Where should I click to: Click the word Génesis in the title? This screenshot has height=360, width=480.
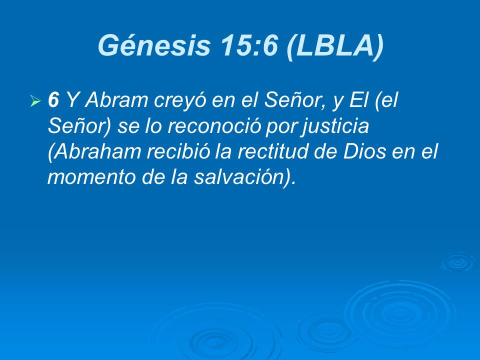[x=154, y=45]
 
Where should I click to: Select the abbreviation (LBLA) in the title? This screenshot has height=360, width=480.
[x=334, y=46]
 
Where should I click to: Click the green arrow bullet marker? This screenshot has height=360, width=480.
[x=36, y=100]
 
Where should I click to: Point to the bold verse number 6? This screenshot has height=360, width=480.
[x=53, y=100]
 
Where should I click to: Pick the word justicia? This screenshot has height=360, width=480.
[x=335, y=126]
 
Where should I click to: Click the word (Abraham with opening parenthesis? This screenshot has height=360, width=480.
[x=94, y=152]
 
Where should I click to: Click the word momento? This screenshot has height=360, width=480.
[x=91, y=177]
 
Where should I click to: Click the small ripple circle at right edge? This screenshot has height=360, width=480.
[x=458, y=262]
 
